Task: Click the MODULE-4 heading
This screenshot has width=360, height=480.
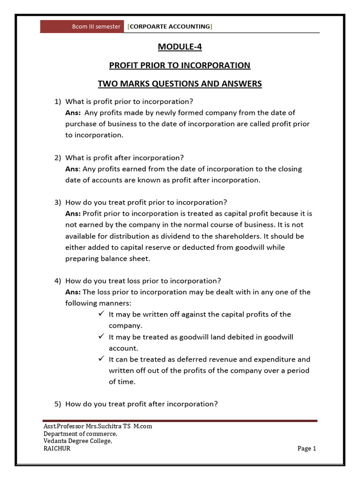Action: click(180, 47)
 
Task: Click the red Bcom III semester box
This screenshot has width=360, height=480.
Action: click(82, 26)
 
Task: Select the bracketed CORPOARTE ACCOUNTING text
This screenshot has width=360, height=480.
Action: click(170, 26)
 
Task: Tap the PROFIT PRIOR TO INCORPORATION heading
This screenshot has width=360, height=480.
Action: click(180, 65)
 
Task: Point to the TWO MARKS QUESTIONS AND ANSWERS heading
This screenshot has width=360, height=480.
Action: click(180, 84)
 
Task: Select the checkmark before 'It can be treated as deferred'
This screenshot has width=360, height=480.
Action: click(101, 360)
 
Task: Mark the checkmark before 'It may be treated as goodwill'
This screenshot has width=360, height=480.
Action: click(101, 337)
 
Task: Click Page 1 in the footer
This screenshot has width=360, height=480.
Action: click(307, 449)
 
